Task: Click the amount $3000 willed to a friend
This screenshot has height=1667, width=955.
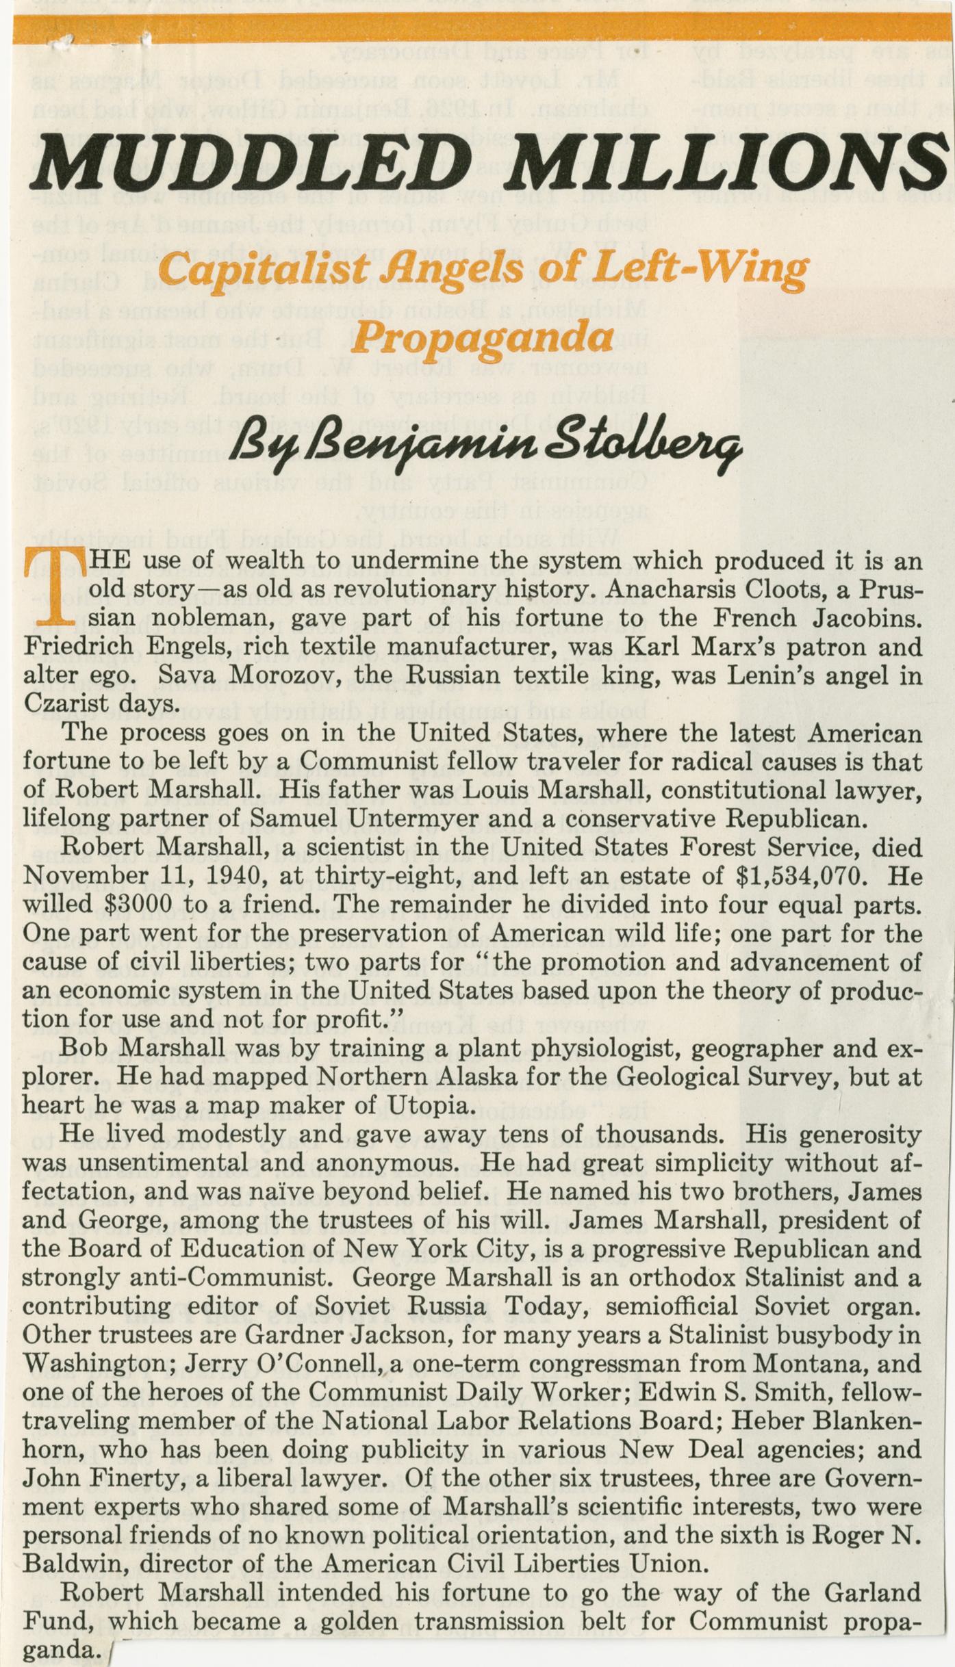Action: click(x=139, y=905)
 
